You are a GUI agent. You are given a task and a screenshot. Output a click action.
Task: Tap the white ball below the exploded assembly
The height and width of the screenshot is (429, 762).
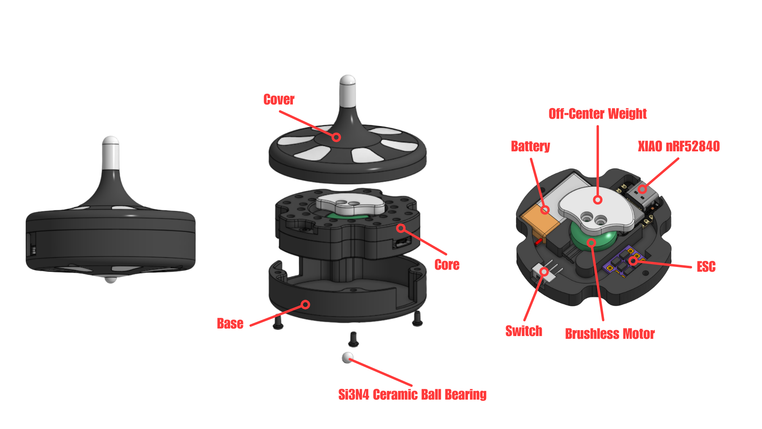[x=347, y=357]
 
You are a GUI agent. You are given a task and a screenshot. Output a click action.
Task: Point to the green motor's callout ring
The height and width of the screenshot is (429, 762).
[x=591, y=242]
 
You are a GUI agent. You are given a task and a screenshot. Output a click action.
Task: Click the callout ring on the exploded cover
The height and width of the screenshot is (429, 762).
[x=336, y=137]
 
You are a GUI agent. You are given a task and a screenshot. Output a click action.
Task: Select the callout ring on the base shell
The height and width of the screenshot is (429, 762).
[x=305, y=305]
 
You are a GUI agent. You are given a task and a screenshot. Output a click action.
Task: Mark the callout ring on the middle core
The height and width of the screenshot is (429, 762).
[x=401, y=228]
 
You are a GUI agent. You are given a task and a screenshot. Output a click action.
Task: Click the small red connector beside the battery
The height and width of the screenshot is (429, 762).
[x=538, y=242]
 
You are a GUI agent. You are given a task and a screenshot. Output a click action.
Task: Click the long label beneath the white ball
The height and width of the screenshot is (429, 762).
[x=411, y=397]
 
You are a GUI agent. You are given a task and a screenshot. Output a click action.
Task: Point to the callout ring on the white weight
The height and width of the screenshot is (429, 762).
[x=598, y=200]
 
